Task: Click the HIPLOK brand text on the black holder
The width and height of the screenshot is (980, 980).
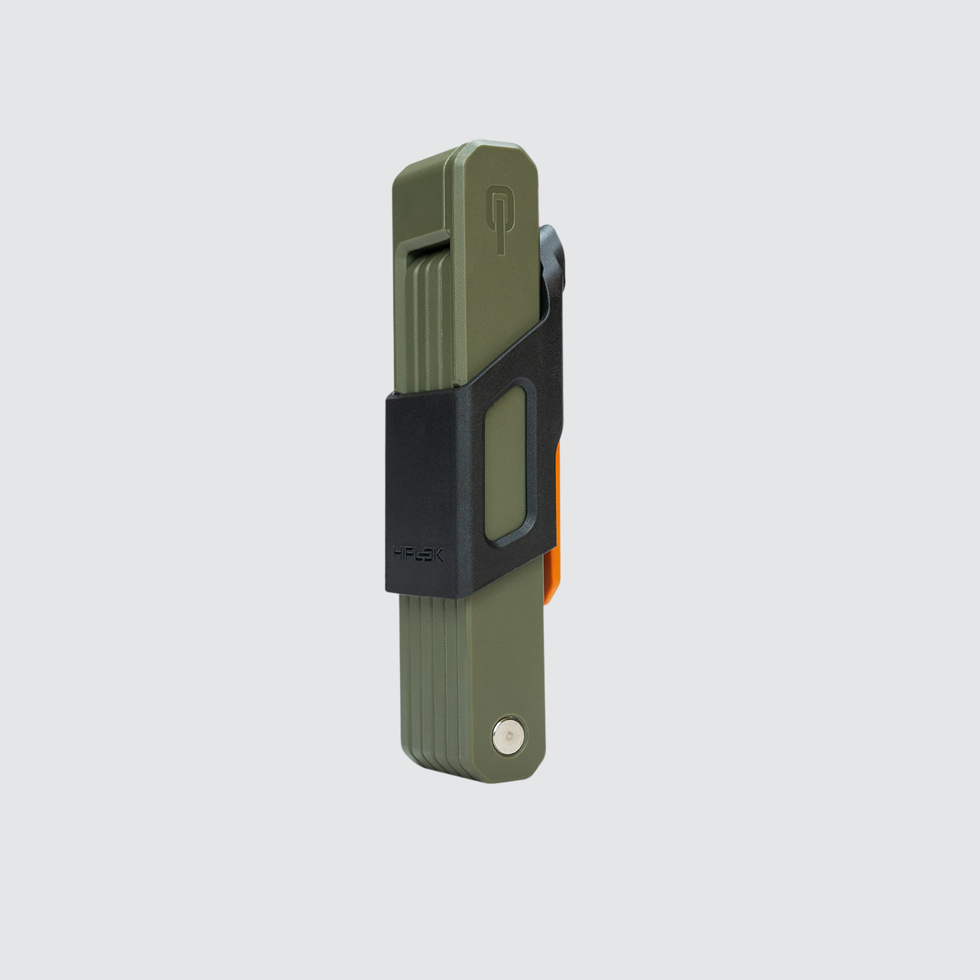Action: click(x=418, y=554)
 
